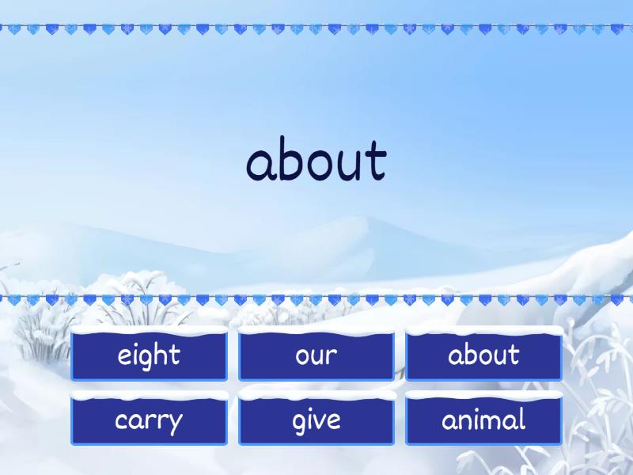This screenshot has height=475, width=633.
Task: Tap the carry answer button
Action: click(149, 420)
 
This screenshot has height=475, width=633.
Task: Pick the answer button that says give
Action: click(316, 420)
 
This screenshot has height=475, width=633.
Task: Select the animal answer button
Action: click(483, 420)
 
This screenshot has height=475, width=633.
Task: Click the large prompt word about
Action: click(316, 161)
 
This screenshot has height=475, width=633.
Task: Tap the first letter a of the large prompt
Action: click(260, 164)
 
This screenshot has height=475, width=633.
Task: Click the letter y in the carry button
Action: click(175, 424)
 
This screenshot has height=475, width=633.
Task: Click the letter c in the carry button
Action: click(121, 421)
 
